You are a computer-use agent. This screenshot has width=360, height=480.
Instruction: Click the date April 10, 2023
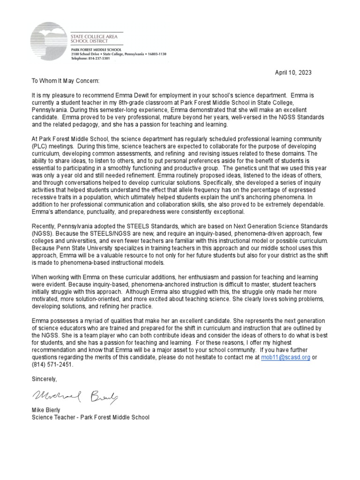[x=293, y=73]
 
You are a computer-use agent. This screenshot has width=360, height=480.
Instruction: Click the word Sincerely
[x=44, y=378]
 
